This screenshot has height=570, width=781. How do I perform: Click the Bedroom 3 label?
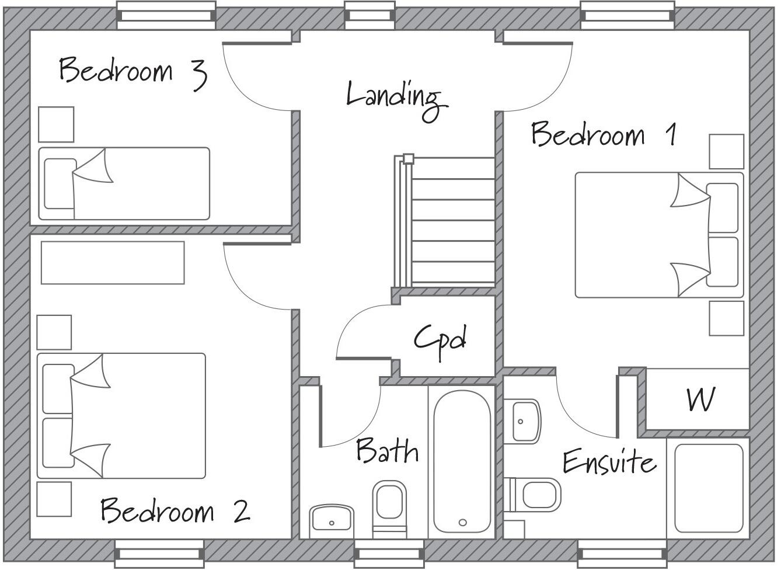click(133, 72)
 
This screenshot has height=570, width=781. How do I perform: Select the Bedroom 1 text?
click(604, 134)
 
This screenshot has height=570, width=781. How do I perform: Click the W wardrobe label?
click(700, 400)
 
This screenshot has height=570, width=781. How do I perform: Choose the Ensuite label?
click(609, 462)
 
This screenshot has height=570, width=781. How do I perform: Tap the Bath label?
click(387, 451)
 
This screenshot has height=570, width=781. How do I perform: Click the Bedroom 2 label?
click(175, 511)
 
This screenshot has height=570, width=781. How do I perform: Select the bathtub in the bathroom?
click(462, 461)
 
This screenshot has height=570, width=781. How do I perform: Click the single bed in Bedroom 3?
click(124, 183)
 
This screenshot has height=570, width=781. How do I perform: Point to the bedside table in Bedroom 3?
click(56, 124)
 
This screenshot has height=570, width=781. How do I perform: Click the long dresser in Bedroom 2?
click(113, 263)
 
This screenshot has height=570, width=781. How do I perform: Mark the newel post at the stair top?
click(409, 158)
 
